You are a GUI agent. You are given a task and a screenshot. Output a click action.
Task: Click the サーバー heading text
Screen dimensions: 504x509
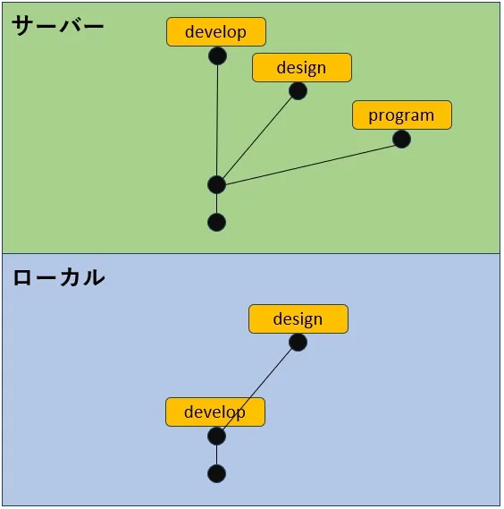tap(58, 26)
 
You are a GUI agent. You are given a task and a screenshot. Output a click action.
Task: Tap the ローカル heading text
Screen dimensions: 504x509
tap(59, 277)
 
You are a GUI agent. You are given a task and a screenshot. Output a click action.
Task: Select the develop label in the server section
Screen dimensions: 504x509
tap(216, 32)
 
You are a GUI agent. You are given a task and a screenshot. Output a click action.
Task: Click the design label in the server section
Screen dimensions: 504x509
tap(302, 67)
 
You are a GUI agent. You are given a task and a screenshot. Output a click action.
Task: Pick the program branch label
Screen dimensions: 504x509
tap(402, 115)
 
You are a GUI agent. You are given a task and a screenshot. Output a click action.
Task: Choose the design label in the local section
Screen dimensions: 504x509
tap(298, 318)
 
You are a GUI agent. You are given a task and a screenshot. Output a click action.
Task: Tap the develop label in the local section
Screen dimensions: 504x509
tap(215, 411)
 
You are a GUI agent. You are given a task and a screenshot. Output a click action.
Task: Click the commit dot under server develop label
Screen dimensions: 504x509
tap(217, 55)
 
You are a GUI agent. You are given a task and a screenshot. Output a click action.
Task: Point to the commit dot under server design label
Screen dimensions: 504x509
tap(298, 91)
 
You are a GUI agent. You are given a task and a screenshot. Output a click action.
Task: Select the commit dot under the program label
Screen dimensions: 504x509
tap(401, 140)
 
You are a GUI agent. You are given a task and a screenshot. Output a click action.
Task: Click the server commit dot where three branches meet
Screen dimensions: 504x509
tap(216, 184)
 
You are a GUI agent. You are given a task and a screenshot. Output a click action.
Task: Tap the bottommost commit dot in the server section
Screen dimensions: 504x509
tap(216, 223)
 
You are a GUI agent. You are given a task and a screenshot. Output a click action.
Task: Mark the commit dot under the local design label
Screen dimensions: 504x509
tap(298, 343)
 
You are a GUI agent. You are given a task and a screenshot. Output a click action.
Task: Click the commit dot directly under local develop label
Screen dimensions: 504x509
tap(216, 436)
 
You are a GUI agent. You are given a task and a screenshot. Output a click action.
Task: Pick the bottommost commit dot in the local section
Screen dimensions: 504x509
tap(216, 474)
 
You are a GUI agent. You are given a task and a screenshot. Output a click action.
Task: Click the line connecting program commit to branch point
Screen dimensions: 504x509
tap(310, 165)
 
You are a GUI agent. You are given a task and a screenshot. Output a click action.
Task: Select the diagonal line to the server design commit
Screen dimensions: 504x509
tap(257, 138)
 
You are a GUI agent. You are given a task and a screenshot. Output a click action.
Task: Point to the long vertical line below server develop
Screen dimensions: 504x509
tap(217, 120)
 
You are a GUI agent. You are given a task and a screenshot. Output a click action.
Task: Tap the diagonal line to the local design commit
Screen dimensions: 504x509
tap(257, 389)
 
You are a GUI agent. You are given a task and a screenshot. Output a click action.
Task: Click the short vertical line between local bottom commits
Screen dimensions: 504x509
tap(216, 454)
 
